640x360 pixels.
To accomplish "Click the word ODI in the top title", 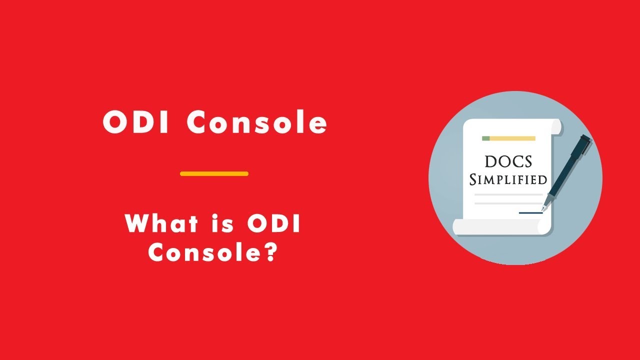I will click(x=136, y=122).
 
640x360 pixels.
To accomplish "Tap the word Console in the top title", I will click(x=257, y=122).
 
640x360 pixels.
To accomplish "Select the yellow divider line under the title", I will click(x=214, y=174).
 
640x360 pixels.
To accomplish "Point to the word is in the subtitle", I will click(x=221, y=223).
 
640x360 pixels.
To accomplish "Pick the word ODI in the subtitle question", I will click(x=274, y=223).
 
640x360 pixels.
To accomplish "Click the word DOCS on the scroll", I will click(x=508, y=161).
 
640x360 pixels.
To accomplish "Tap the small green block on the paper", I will click(x=485, y=138).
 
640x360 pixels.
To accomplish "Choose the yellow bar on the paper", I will click(x=512, y=138).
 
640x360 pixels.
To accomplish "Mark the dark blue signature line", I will click(x=530, y=213).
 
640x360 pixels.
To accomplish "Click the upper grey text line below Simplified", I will click(x=508, y=194).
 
